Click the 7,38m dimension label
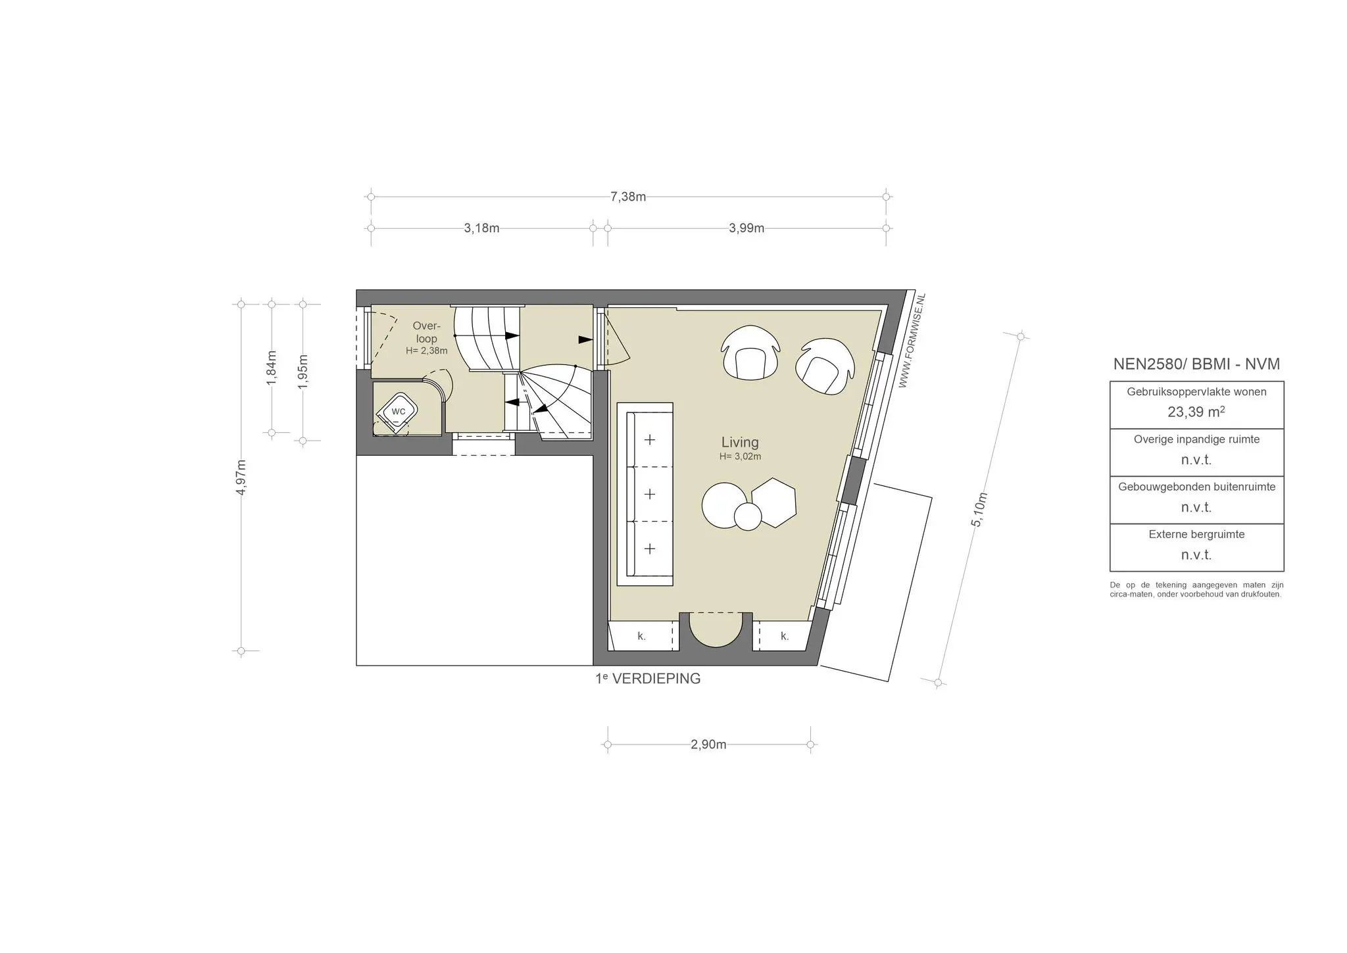[x=628, y=197]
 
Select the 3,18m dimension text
[x=481, y=228]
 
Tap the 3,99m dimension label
[x=747, y=228]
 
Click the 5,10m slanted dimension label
[x=979, y=509]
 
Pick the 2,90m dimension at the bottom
[x=708, y=745]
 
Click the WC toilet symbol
[x=398, y=412]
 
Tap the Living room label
[x=740, y=443]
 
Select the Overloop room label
[x=426, y=332]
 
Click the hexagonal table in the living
[x=774, y=502]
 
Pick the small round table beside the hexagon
[x=747, y=516]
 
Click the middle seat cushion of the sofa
[x=650, y=494]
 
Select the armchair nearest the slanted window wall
[x=824, y=366]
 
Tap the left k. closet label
[x=641, y=636]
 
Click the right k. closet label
[x=784, y=636]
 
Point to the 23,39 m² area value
[x=1196, y=412]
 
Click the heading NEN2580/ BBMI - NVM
[x=1196, y=364]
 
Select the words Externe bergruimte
[x=1196, y=534]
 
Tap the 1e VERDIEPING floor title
[x=648, y=679]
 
